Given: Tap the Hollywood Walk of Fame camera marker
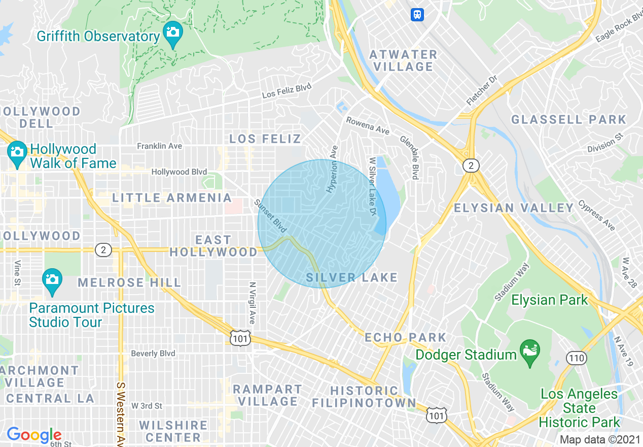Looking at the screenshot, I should tap(17, 152).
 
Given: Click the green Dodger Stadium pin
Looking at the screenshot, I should tap(530, 352).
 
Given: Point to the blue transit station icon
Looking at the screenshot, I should tap(417, 14).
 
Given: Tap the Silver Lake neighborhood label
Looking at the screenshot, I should tap(352, 277).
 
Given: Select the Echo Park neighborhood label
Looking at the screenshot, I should tap(405, 337).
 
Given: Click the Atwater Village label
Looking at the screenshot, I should tap(403, 60).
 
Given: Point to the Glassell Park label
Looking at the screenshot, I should tap(568, 120).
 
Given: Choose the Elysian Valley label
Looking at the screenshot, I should tap(513, 208).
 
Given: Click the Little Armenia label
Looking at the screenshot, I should tap(172, 198).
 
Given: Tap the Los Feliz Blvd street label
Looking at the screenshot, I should tap(287, 91).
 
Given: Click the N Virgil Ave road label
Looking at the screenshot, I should tap(252, 303).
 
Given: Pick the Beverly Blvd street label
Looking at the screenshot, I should tap(153, 354).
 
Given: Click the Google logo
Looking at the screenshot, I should tap(33, 435).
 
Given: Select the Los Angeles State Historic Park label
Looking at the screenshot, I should tap(579, 408).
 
